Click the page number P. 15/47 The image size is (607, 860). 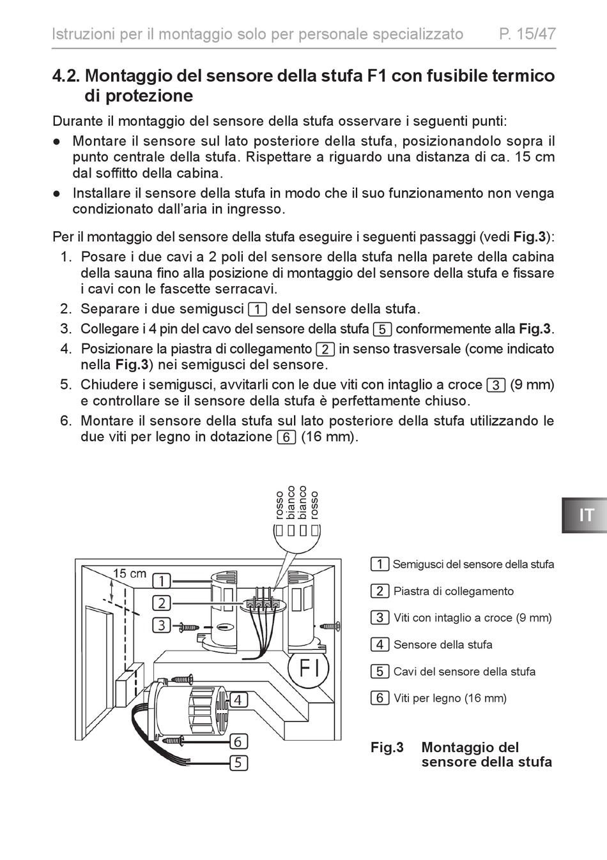(526, 34)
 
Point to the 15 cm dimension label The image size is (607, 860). (129, 573)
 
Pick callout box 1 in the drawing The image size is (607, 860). (162, 581)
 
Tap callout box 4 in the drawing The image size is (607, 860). (238, 700)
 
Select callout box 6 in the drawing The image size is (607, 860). (238, 741)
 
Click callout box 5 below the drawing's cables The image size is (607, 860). (238, 763)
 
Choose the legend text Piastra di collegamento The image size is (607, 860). (453, 591)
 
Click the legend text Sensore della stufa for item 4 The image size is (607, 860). (443, 645)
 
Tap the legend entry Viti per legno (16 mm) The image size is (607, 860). (450, 698)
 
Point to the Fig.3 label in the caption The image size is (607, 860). (387, 748)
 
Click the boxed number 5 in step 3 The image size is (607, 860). (381, 329)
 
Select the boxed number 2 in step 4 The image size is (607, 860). (325, 349)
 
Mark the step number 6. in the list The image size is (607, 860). (66, 421)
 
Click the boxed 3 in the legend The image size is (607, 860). (380, 617)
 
